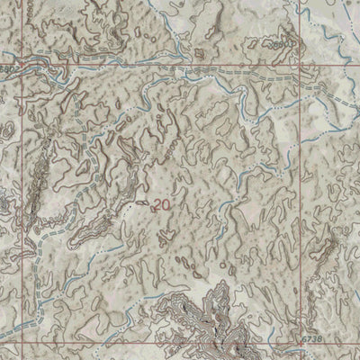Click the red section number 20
pos(161,205)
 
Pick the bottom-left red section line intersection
pos(24,345)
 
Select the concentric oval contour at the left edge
pos(6,130)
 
